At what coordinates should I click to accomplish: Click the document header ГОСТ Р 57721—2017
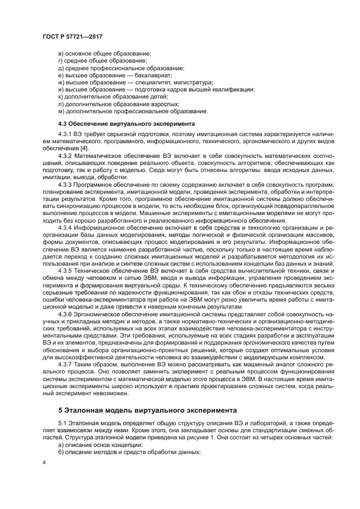[x=72, y=36]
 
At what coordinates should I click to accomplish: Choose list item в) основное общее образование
[x=104, y=54]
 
